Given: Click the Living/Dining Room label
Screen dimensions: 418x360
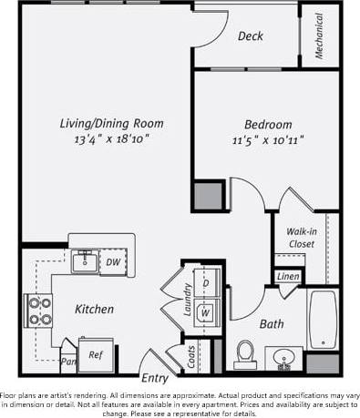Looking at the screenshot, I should click(111, 124).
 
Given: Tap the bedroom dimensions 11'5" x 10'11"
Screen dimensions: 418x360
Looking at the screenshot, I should click(268, 140).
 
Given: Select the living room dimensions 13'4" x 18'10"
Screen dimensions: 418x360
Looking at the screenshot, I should click(111, 139).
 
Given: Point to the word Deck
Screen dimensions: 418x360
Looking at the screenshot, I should click(251, 36).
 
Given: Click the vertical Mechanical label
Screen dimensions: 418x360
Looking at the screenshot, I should click(320, 36).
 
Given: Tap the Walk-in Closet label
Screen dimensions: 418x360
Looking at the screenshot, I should click(301, 238).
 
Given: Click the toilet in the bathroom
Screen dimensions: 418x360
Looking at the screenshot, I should click(245, 351).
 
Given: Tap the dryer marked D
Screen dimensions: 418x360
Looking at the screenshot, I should click(205, 283).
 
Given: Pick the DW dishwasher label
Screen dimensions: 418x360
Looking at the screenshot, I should click(113, 262).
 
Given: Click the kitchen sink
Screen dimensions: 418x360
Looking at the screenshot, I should click(87, 262).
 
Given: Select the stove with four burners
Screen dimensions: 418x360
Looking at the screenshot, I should click(39, 311).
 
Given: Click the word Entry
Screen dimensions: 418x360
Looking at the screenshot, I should click(154, 379).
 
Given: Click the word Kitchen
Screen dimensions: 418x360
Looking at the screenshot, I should click(94, 310).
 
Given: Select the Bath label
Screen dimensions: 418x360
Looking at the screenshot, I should click(272, 323).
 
